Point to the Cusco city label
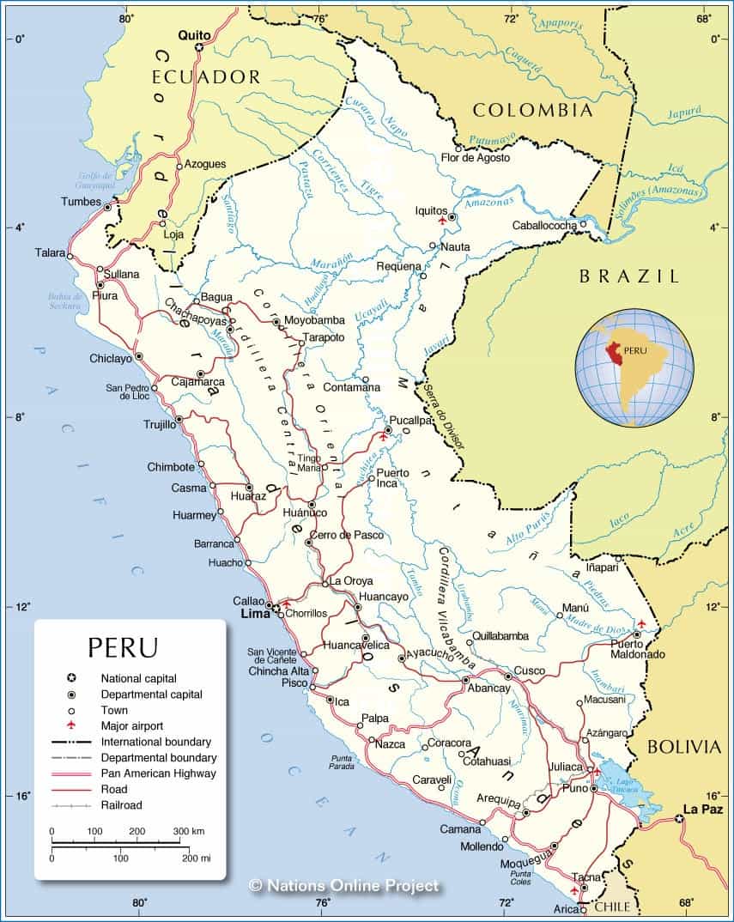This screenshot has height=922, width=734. click(x=530, y=670)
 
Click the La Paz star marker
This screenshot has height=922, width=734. click(x=679, y=819)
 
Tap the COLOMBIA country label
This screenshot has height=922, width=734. click(x=532, y=110)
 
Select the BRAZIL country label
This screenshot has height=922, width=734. click(x=628, y=276)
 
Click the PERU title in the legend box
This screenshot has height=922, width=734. click(x=123, y=646)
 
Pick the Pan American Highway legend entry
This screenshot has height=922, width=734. click(x=158, y=773)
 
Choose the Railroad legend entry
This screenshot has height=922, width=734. click(x=122, y=805)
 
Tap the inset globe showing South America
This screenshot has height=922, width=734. click(x=634, y=367)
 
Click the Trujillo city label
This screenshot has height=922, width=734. click(x=159, y=424)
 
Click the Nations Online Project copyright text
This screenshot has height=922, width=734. click(x=343, y=885)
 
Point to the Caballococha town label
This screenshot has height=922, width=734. click(x=544, y=225)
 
